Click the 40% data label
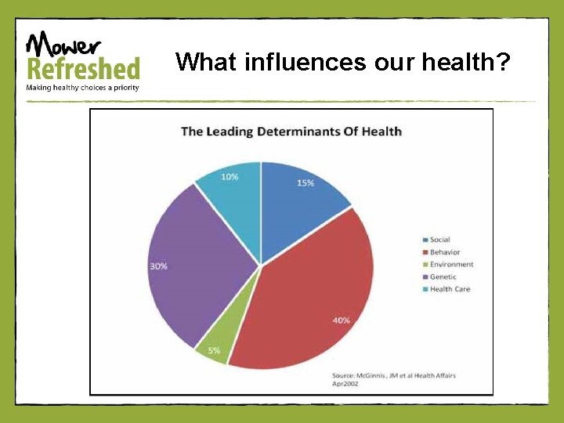pyautogui.click(x=341, y=320)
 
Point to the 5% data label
pyautogui.click(x=214, y=351)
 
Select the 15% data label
pyautogui.click(x=305, y=183)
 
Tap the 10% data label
pyautogui.click(x=230, y=177)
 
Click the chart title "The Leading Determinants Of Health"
pyautogui.click(x=291, y=131)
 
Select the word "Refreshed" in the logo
pyautogui.click(x=83, y=68)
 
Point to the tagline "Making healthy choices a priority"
pyautogui.click(x=83, y=87)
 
